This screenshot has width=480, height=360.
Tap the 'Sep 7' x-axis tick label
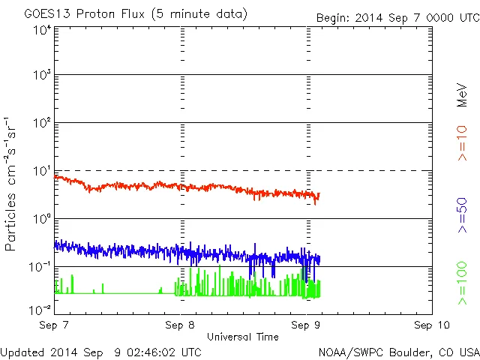click(x=55, y=325)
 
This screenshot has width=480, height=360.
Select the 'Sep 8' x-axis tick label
click(x=181, y=325)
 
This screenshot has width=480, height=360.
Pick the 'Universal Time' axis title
click(x=243, y=337)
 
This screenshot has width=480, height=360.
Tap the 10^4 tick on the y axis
click(x=41, y=31)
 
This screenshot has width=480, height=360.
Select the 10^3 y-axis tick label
click(x=41, y=76)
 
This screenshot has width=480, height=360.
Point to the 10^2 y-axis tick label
click(x=41, y=124)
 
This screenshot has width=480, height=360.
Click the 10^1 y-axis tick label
click(x=41, y=172)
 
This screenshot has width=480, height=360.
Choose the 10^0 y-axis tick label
click(x=41, y=220)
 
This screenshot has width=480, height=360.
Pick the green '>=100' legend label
click(x=462, y=283)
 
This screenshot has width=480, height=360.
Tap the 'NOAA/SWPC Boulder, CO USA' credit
click(x=398, y=351)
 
